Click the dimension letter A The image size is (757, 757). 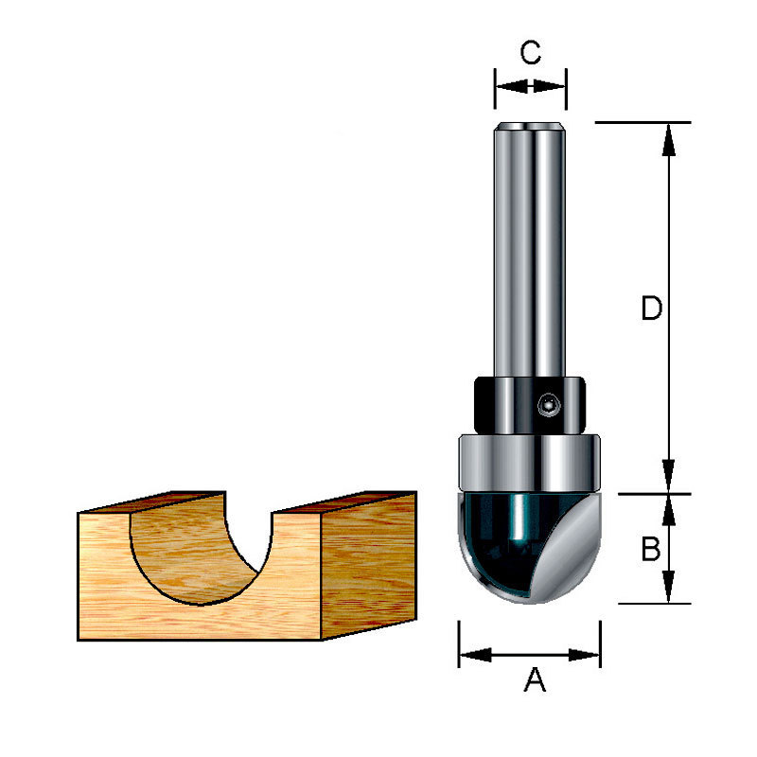[535, 679]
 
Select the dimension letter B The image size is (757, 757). [651, 549]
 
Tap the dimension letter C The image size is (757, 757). [531, 53]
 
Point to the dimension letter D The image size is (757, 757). [652, 308]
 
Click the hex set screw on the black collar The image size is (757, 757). [548, 405]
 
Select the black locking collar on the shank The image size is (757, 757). [530, 406]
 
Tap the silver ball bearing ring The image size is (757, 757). [530, 464]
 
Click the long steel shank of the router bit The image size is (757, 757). [530, 249]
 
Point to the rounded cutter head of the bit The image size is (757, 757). [530, 548]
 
